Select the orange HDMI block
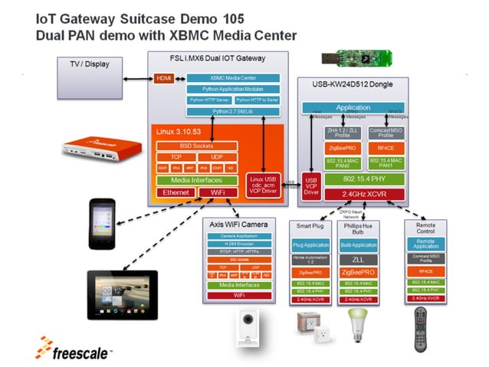coord(164,78)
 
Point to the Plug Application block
coord(310,246)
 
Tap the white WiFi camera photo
coord(247,326)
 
